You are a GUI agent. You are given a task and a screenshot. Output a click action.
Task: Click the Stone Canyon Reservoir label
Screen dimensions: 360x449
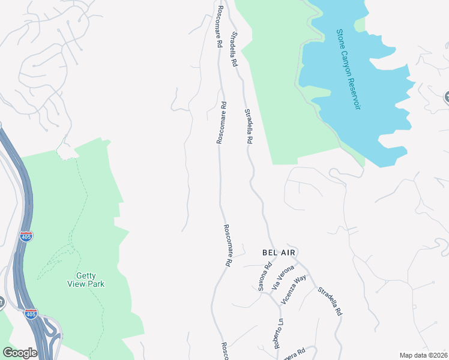coord(349,69)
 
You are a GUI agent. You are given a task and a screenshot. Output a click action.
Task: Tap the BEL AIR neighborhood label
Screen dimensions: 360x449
coord(279,253)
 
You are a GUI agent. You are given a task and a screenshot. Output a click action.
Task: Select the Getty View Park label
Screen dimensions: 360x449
coord(85,280)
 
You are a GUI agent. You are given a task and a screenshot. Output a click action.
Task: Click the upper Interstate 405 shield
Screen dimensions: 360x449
coord(26,236)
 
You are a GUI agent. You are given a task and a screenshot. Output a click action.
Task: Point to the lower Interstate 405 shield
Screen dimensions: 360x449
coord(31,314)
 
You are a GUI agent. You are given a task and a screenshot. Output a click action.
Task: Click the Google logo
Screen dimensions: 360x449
coord(20,353)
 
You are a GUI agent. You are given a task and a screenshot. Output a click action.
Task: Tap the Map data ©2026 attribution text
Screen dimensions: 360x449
coord(423,355)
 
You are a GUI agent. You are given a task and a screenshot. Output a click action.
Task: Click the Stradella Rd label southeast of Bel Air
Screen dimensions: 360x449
coord(330,300)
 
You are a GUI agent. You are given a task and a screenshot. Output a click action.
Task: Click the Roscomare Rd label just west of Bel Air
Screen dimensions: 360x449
coord(228,245)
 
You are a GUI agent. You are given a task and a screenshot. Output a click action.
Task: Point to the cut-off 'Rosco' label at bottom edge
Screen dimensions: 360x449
coord(225,352)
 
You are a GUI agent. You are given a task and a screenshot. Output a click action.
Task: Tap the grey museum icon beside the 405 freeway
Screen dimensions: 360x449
coord(2,302)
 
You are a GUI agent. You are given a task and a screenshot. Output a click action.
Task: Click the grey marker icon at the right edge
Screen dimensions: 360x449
coord(446,97)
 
